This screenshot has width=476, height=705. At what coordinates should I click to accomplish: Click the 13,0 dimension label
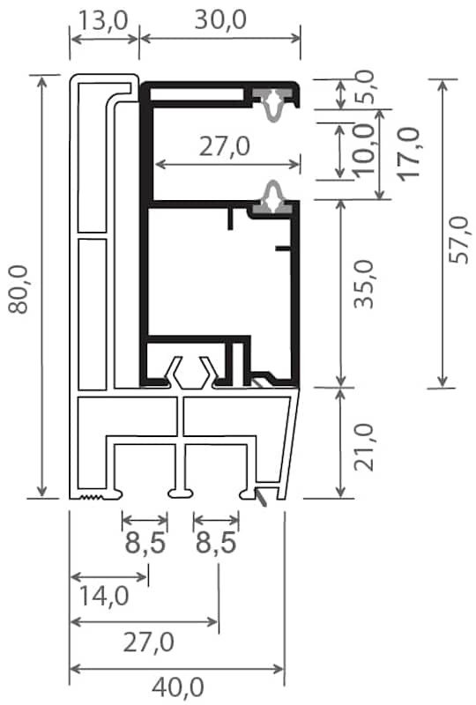coord(103,20)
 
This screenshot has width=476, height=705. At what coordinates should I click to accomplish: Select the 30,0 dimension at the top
coord(220,20)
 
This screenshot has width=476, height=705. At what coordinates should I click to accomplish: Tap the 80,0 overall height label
coord(19,289)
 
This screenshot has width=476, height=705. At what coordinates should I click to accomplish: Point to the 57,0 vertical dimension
coord(459,240)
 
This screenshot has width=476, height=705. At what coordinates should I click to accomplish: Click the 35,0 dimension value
coord(363,284)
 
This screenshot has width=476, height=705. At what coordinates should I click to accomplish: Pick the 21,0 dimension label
coord(363,447)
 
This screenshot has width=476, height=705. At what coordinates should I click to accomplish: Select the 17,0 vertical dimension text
coord(408,154)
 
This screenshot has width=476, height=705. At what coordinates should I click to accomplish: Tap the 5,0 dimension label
coord(363,86)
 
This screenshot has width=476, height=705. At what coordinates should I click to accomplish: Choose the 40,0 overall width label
coord(178,687)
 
